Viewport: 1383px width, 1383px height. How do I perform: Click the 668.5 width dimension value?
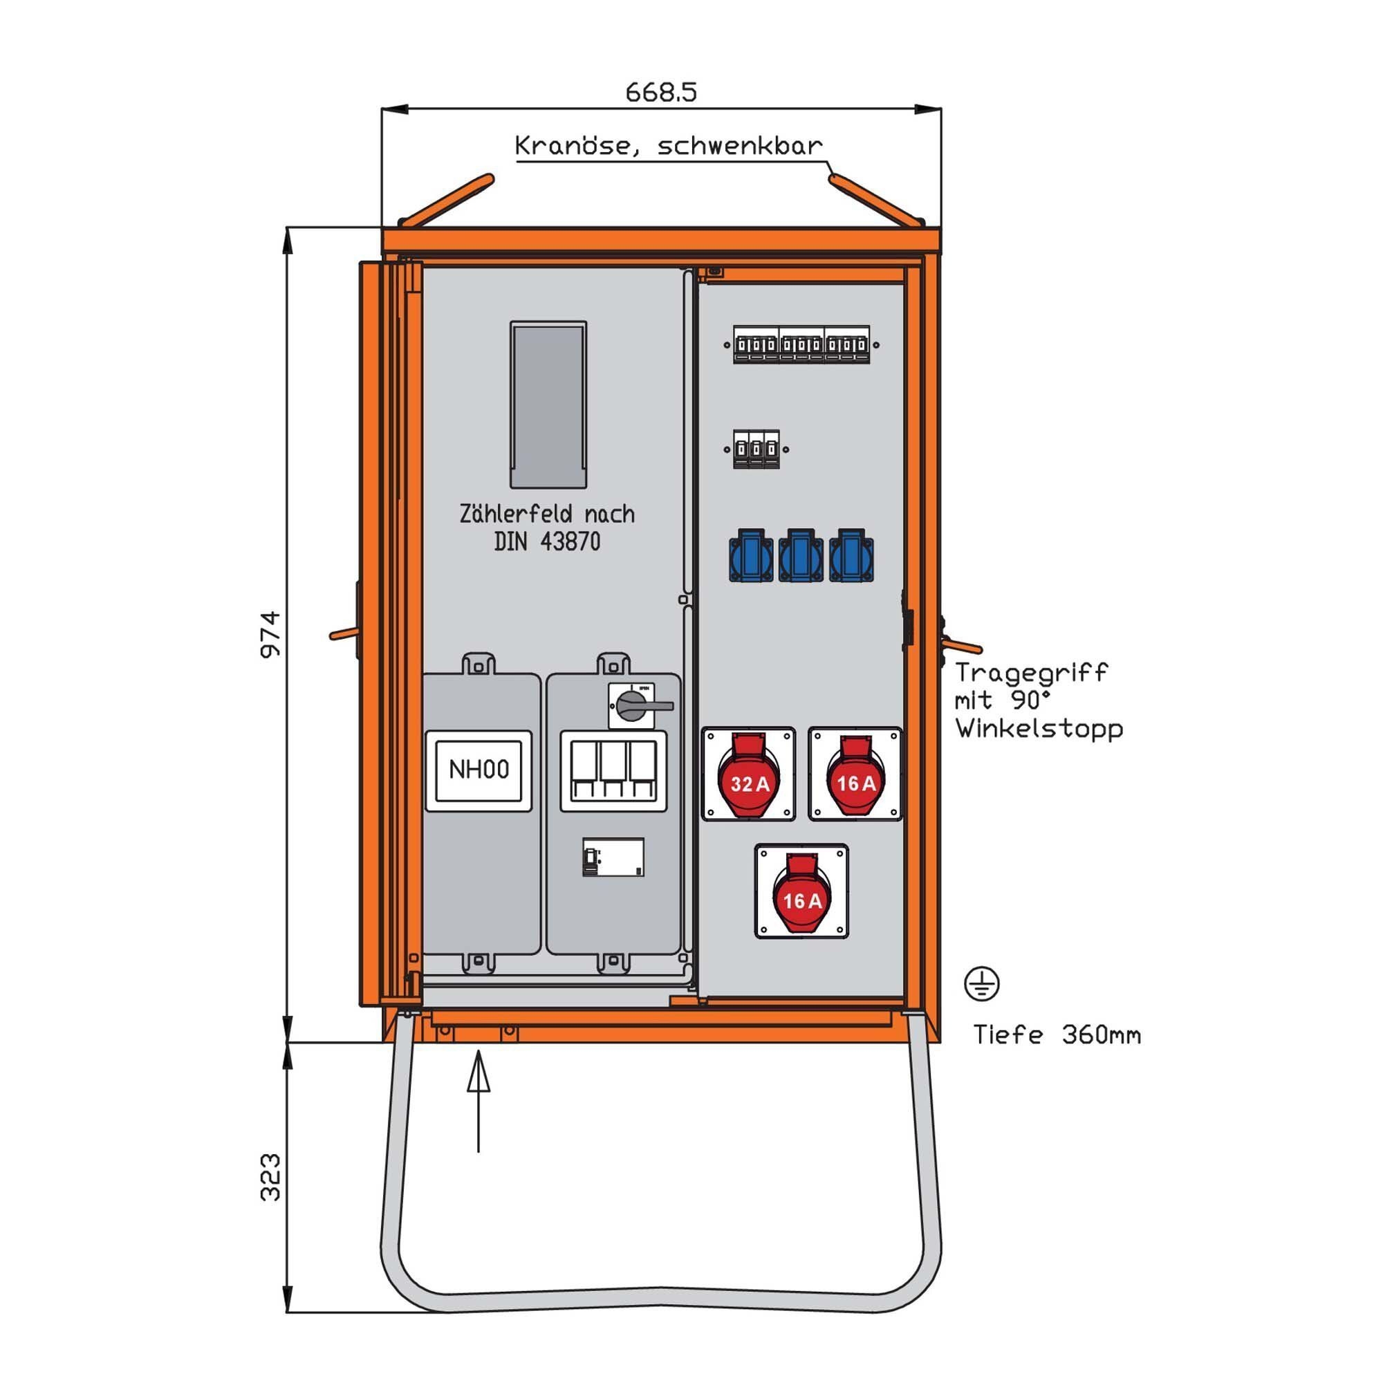click(660, 93)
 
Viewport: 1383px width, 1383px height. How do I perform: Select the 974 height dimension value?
click(270, 634)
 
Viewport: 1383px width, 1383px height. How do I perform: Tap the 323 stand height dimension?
click(270, 1177)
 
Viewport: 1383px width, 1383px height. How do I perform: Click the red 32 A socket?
click(748, 774)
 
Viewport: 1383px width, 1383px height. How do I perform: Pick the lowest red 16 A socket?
click(801, 891)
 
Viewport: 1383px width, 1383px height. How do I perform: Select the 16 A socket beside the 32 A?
click(855, 774)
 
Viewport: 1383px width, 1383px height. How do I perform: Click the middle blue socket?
click(801, 555)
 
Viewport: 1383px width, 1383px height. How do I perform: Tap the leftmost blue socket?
click(751, 555)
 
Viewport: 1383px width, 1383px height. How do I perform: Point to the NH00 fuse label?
click(479, 770)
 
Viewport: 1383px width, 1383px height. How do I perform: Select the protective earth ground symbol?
click(981, 983)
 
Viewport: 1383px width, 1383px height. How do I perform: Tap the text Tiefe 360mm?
click(1057, 1035)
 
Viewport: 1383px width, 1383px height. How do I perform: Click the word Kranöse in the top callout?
click(574, 147)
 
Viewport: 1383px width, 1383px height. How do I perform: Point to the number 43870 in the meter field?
click(570, 542)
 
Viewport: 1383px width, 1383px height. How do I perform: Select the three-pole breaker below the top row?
click(756, 449)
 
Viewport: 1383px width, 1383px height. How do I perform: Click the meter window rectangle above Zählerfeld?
click(548, 405)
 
